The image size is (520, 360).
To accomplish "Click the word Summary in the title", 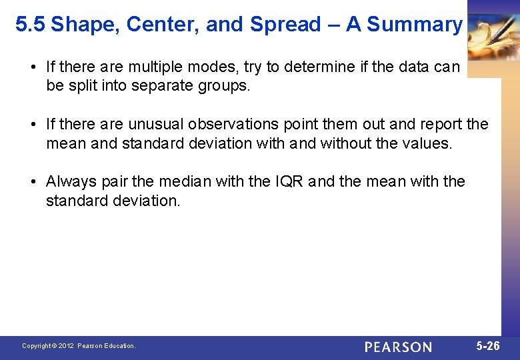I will click(414, 25).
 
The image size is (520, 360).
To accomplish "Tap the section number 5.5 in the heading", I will click(30, 25).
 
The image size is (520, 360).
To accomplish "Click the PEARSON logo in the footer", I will click(398, 347).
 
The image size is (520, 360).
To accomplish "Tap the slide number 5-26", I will click(488, 346).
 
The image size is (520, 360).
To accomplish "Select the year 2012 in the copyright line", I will click(65, 346).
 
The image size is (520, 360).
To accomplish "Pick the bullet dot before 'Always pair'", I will click(33, 181).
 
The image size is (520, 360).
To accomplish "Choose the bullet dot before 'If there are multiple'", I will click(33, 67).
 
